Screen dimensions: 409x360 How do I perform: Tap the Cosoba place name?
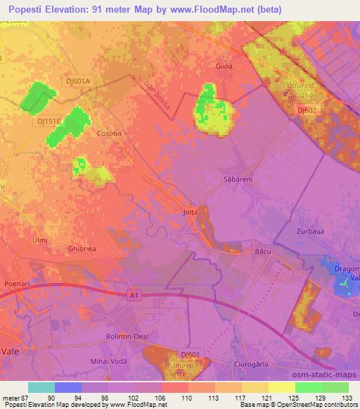coord(109,133)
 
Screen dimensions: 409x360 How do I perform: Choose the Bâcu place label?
coord(263,250)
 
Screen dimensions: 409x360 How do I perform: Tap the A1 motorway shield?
coord(134,297)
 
